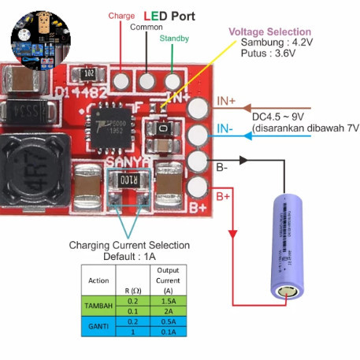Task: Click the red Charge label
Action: tap(122, 14)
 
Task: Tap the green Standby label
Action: tap(173, 38)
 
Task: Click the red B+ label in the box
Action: tap(225, 195)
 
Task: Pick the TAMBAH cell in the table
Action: tap(98, 305)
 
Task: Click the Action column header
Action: tap(98, 280)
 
